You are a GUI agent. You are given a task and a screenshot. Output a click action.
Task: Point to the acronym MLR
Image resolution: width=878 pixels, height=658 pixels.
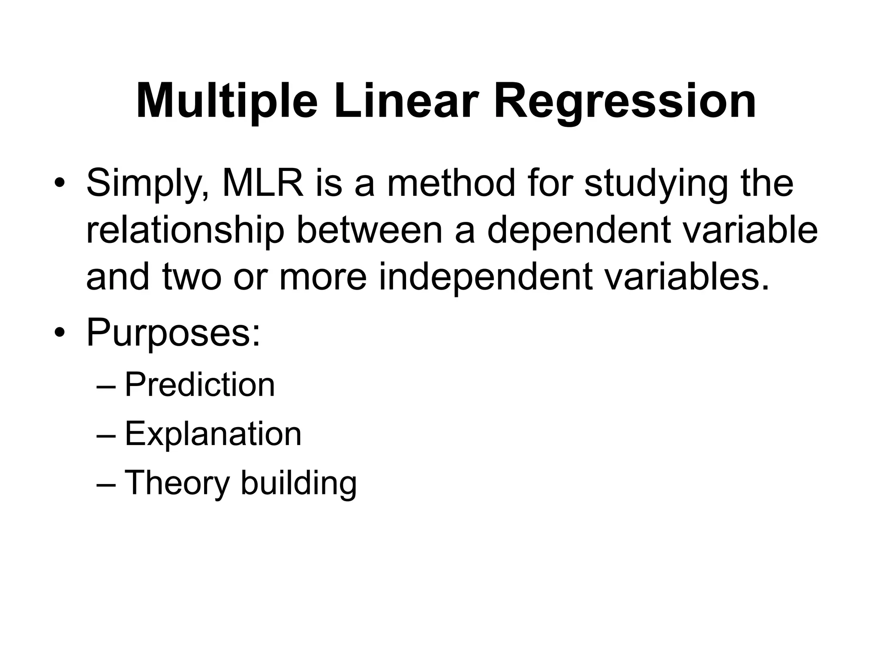263,183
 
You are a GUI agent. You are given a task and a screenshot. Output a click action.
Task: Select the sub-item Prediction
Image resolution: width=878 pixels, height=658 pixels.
200,385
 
